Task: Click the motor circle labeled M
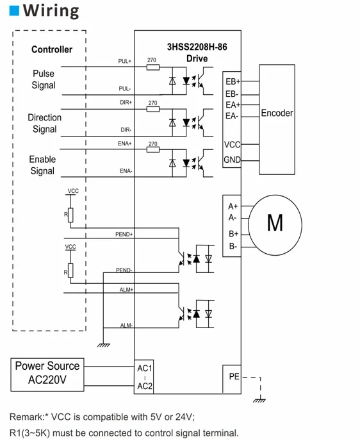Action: pos(274,223)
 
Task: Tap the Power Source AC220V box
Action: pos(47,374)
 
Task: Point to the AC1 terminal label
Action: pos(144,369)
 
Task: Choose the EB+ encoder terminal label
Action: pos(232,82)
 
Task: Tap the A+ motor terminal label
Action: pos(233,206)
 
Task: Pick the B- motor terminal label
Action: pos(233,246)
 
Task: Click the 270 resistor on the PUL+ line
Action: pos(152,66)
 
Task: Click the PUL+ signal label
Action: pos(124,62)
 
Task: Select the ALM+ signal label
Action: pos(126,290)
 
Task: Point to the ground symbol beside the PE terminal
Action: pos(259,401)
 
